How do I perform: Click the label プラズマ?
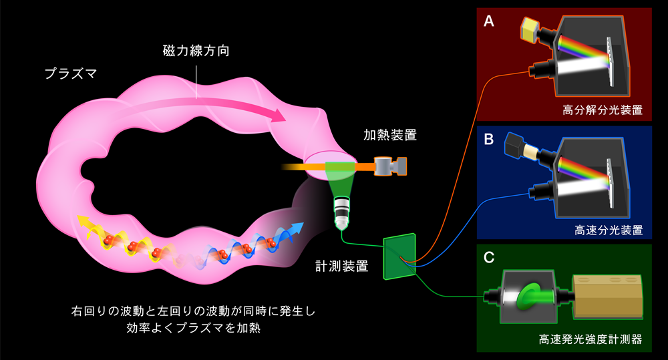coord(69,73)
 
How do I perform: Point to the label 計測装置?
coord(342,266)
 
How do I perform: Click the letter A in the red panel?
coord(489,21)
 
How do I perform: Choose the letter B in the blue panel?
coord(489,140)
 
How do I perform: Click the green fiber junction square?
coord(399,256)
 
